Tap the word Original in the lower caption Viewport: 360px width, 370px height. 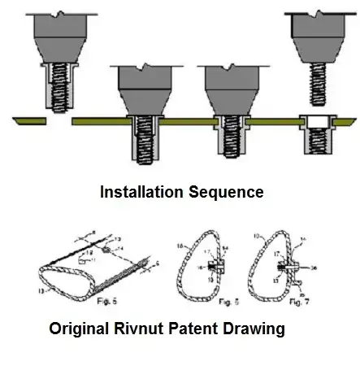pyautogui.click(x=82, y=331)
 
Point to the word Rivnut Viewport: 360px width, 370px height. pyautogui.click(x=148, y=331)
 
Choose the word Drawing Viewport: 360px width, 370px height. pyautogui.click(x=258, y=331)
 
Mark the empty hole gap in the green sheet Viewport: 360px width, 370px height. pyautogui.click(x=59, y=121)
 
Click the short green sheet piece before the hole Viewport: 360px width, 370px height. pyautogui.click(x=29, y=121)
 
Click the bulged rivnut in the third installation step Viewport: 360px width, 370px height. pyautogui.click(x=232, y=138)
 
